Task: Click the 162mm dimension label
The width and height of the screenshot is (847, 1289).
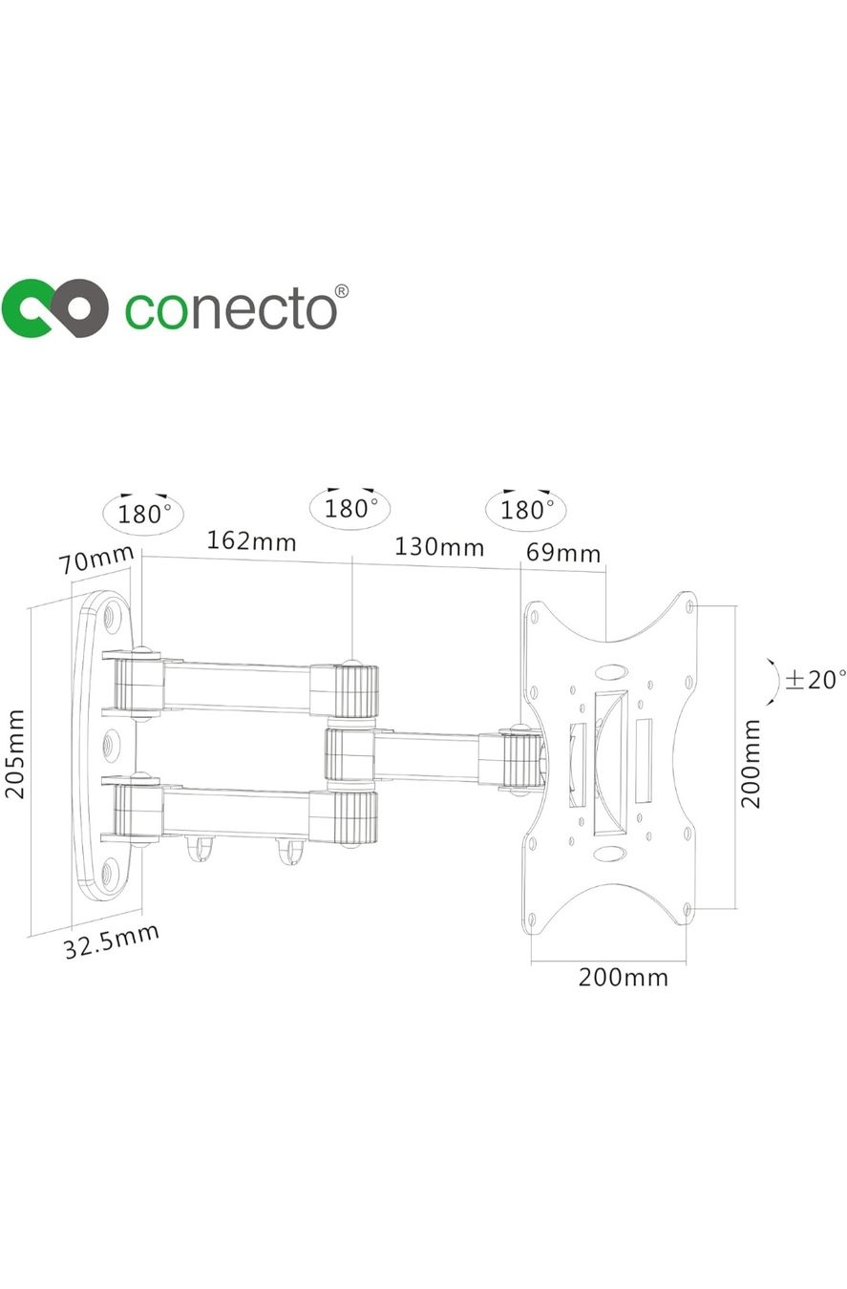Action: click(251, 541)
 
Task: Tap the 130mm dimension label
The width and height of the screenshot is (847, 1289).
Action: click(439, 547)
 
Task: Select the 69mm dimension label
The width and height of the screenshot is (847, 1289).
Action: click(563, 553)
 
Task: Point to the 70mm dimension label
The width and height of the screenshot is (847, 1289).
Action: click(96, 559)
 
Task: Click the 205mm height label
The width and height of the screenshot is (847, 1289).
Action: click(15, 754)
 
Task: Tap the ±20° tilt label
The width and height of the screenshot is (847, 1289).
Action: click(815, 680)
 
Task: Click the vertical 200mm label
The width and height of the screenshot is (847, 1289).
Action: click(751, 764)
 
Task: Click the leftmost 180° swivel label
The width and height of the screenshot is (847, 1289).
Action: click(144, 514)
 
